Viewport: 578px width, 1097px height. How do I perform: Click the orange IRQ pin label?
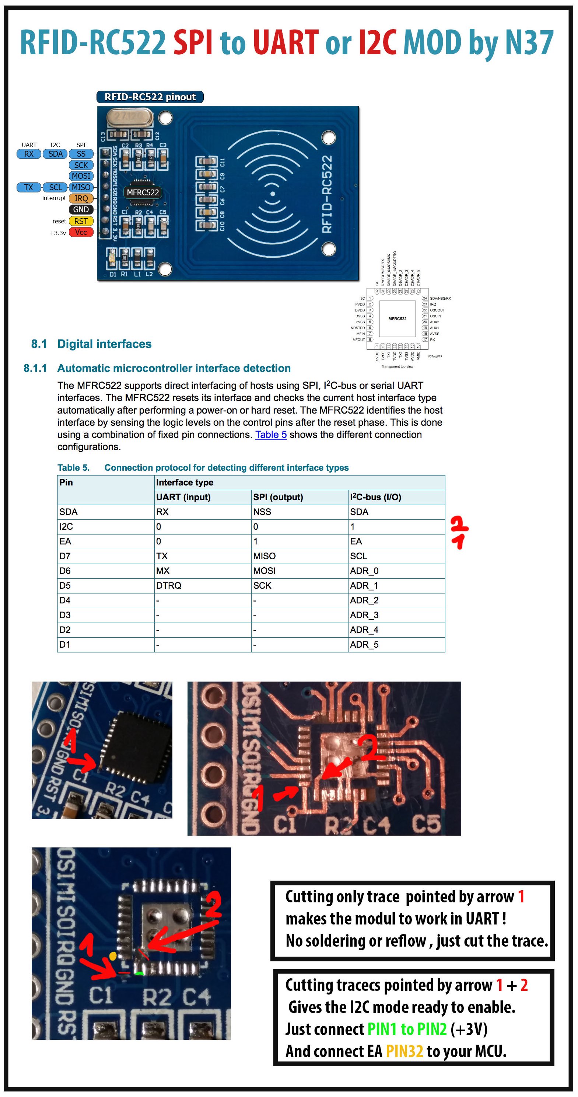[81, 198]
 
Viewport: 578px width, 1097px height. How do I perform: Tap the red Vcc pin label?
[81, 233]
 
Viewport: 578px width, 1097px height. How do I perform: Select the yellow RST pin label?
[81, 222]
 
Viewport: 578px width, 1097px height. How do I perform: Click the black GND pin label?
[81, 209]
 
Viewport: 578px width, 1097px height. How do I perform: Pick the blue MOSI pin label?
[81, 176]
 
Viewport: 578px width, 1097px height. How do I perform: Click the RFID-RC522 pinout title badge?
[150, 97]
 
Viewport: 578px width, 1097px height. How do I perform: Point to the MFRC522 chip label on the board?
[143, 192]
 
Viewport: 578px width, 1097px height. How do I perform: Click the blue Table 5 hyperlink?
[271, 435]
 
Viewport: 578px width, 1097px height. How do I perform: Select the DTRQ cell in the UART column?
[169, 586]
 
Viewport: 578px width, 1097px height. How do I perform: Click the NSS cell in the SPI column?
[262, 512]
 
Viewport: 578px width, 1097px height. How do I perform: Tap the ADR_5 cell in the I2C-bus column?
[364, 644]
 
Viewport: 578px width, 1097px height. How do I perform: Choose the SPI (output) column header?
[278, 497]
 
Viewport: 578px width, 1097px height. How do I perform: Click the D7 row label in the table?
[65, 556]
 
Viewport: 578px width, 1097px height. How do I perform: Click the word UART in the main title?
[285, 43]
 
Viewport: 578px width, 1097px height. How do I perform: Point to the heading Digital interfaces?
[104, 344]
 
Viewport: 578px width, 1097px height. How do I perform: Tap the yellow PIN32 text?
[404, 1051]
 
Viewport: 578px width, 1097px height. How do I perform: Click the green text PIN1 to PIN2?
[407, 1029]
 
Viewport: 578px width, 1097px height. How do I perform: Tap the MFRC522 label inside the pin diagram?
[397, 318]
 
